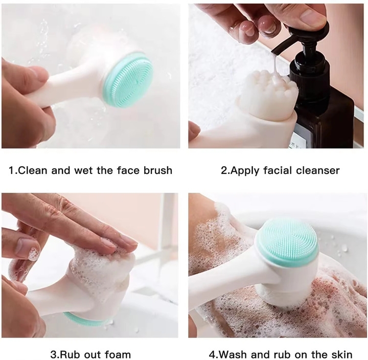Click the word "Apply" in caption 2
(244, 171)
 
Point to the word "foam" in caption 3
(118, 354)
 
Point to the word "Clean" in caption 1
(32, 170)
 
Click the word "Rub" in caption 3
(68, 354)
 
